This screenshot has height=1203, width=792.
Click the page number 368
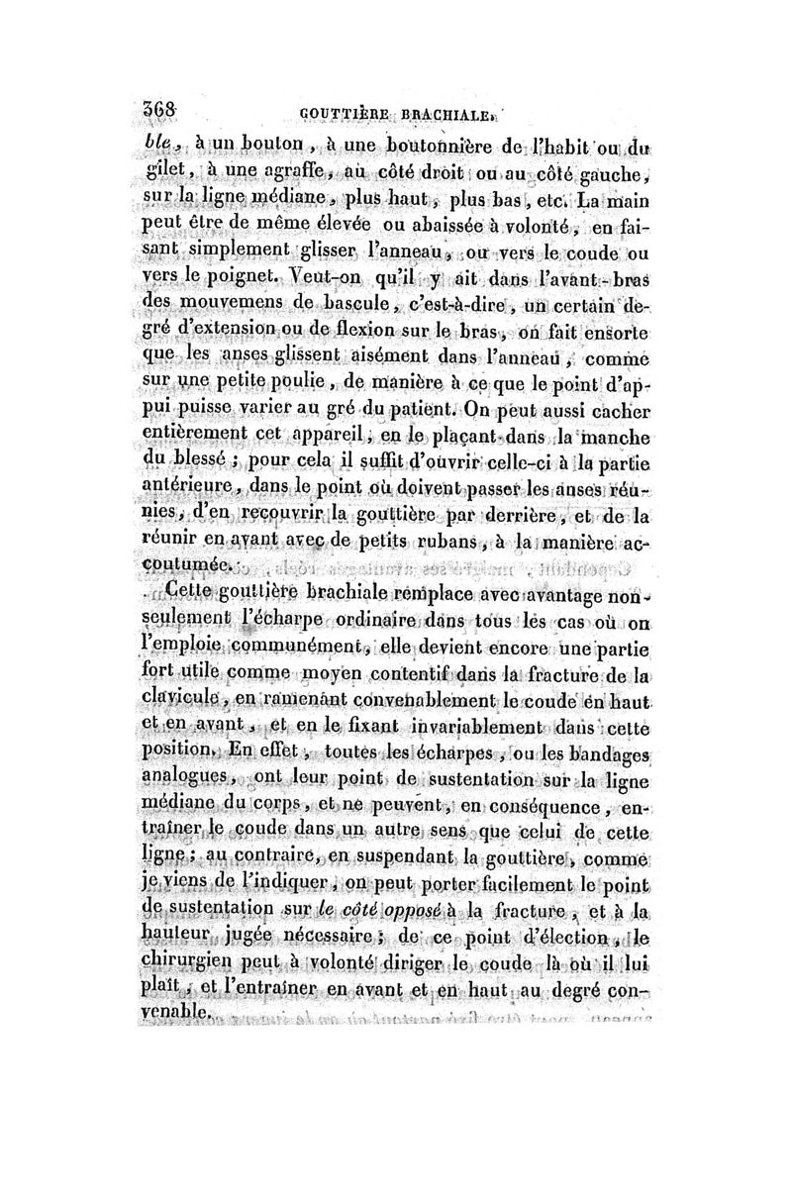tap(159, 112)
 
